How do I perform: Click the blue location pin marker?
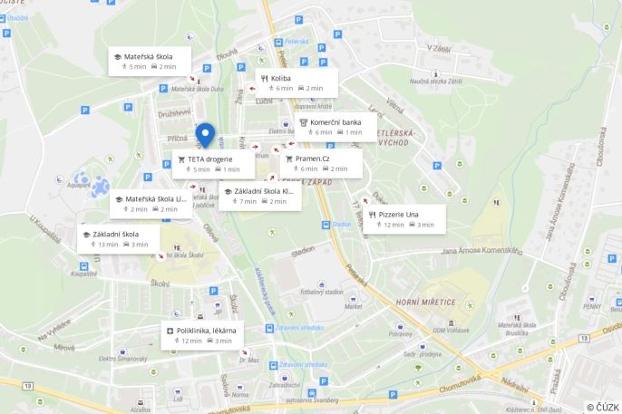[205, 135]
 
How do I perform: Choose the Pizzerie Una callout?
[405, 218]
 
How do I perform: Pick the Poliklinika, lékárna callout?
[206, 335]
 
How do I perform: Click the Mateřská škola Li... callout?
[150, 204]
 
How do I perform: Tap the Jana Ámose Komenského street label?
[480, 251]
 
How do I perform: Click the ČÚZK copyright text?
[602, 407]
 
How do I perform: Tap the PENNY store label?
[593, 306]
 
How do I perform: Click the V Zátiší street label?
[439, 48]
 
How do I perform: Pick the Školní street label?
[160, 284]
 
